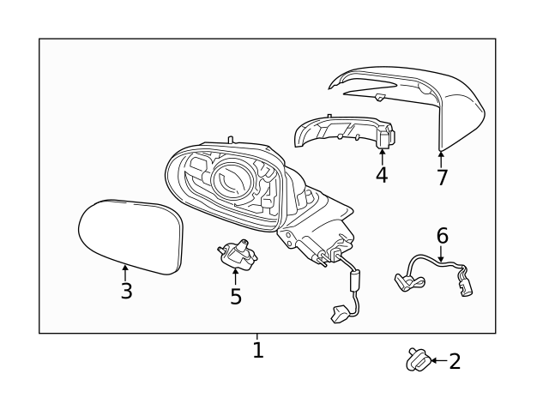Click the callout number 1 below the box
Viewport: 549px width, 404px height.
(258, 350)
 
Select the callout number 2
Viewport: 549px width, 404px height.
(455, 361)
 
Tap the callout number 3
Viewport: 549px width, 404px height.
(126, 291)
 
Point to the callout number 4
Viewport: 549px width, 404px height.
(382, 175)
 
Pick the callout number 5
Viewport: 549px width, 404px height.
(236, 296)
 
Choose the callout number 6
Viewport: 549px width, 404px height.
(443, 236)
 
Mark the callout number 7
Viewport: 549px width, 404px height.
(442, 178)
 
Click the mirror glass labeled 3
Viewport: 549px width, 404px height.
(130, 237)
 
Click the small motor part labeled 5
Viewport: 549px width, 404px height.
(238, 253)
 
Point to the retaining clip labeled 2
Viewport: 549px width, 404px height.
(418, 359)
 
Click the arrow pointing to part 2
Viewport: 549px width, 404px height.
(439, 360)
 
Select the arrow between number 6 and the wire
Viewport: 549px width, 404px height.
(441, 253)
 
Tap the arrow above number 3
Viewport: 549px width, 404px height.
(124, 273)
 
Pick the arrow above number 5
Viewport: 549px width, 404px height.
(235, 276)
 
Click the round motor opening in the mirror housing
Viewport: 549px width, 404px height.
(232, 179)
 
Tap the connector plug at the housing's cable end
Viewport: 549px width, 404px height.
(339, 312)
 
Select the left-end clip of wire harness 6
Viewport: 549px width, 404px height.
(408, 281)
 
